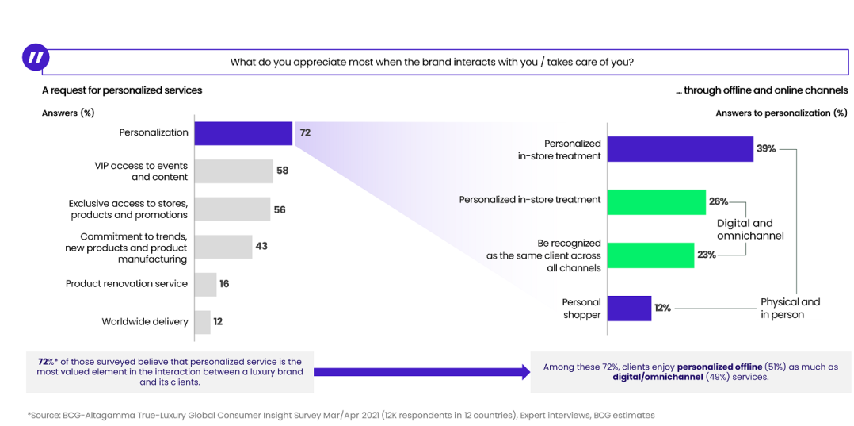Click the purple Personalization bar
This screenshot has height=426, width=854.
pyautogui.click(x=243, y=133)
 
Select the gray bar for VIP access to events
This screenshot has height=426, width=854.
pyautogui.click(x=234, y=171)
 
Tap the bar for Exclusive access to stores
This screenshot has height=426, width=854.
pyautogui.click(x=232, y=209)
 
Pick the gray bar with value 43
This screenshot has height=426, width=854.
pyautogui.click(x=223, y=247)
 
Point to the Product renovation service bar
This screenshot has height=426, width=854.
pyautogui.click(x=205, y=284)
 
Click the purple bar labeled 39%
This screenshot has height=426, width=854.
pyautogui.click(x=681, y=149)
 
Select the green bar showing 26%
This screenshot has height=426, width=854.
pyautogui.click(x=657, y=201)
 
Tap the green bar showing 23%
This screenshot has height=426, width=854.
pyautogui.click(x=651, y=255)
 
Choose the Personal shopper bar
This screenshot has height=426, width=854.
pyautogui.click(x=629, y=308)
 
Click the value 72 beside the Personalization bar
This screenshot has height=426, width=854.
pyautogui.click(x=305, y=133)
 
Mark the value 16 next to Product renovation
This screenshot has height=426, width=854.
pyautogui.click(x=224, y=284)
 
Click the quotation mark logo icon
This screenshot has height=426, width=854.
pyautogui.click(x=36, y=58)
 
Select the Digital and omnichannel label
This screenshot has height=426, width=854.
pyautogui.click(x=745, y=229)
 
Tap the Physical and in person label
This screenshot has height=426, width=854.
pyautogui.click(x=790, y=308)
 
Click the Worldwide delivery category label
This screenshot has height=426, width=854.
pyautogui.click(x=145, y=322)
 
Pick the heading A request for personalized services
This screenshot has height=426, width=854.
pyautogui.click(x=122, y=90)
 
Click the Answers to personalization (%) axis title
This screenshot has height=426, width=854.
pyautogui.click(x=781, y=113)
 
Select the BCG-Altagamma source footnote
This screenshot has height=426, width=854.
pyautogui.click(x=341, y=415)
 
